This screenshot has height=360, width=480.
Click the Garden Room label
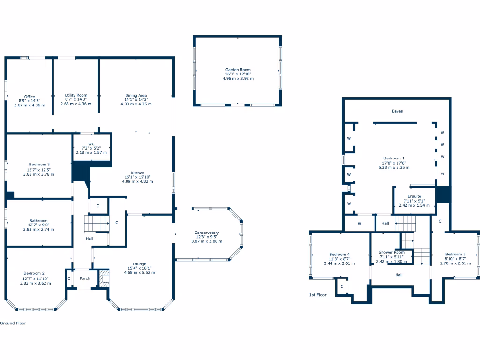click(238, 70)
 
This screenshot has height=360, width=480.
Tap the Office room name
click(30, 97)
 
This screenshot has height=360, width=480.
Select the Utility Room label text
click(76, 95)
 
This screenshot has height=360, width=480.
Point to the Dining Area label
click(136, 95)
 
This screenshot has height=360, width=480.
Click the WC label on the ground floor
click(91, 144)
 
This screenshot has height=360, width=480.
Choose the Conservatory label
click(207, 233)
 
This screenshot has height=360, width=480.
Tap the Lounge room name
click(140, 264)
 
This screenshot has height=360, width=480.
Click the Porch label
click(85, 278)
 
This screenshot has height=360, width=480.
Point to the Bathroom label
click(38, 221)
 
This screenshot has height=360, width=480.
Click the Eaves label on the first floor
click(397, 111)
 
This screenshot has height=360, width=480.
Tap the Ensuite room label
click(414, 196)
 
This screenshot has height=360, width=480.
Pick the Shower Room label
click(391, 252)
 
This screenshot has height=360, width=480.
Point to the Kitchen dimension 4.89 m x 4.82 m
click(137, 181)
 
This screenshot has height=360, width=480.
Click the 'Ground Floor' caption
click(13, 323)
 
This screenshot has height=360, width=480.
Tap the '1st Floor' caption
click(317, 295)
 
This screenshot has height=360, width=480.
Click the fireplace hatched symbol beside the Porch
click(104, 278)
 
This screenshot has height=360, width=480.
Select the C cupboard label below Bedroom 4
click(342, 286)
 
